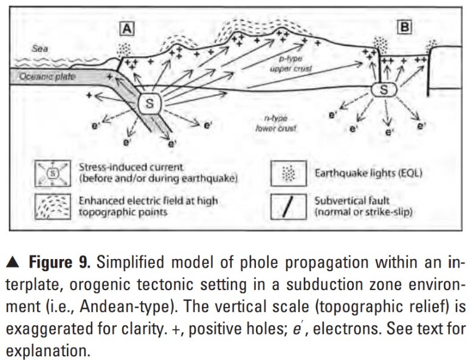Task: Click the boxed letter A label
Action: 127,29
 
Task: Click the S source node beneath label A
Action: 148,104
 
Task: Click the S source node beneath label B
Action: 384,91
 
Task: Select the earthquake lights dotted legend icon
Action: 288,173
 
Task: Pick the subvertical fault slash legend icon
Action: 288,207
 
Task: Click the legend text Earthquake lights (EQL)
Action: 368,173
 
